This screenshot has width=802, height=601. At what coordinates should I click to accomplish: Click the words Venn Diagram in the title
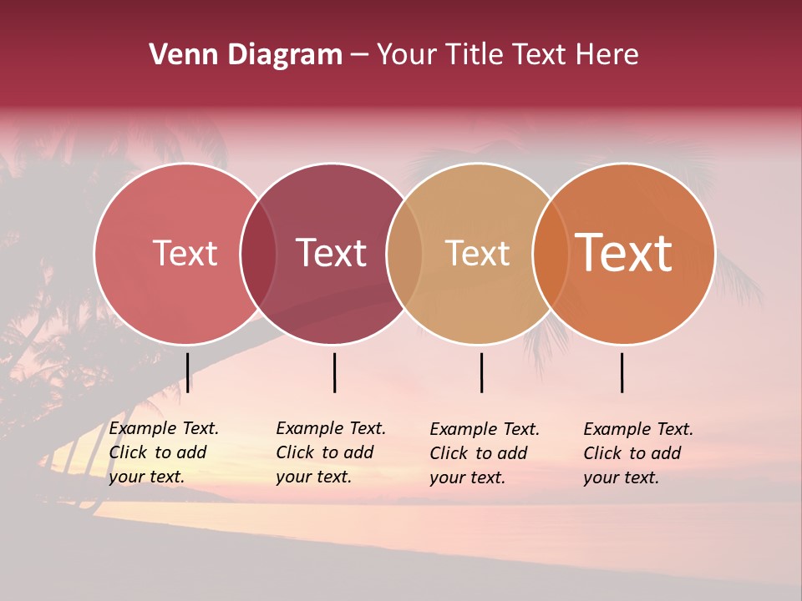(245, 55)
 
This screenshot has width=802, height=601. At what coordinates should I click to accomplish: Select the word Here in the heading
(607, 55)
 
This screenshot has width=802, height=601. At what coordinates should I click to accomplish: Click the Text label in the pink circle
(185, 253)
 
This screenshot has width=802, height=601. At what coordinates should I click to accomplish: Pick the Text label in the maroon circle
(331, 253)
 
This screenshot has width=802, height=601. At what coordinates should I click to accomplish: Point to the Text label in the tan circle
(477, 253)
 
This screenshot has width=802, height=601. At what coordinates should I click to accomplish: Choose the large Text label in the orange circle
(624, 253)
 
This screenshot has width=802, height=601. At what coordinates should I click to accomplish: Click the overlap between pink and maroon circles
(258, 253)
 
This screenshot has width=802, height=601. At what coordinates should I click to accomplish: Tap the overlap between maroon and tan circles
(404, 253)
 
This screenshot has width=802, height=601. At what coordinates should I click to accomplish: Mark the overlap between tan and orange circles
(551, 253)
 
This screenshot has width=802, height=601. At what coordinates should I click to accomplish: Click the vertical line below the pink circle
(187, 372)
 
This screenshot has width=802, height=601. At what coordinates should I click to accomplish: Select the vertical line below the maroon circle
(334, 372)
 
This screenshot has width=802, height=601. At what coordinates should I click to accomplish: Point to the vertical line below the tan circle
(481, 372)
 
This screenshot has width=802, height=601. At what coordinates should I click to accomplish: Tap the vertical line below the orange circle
(622, 372)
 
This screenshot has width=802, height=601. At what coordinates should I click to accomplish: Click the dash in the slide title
(359, 55)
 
